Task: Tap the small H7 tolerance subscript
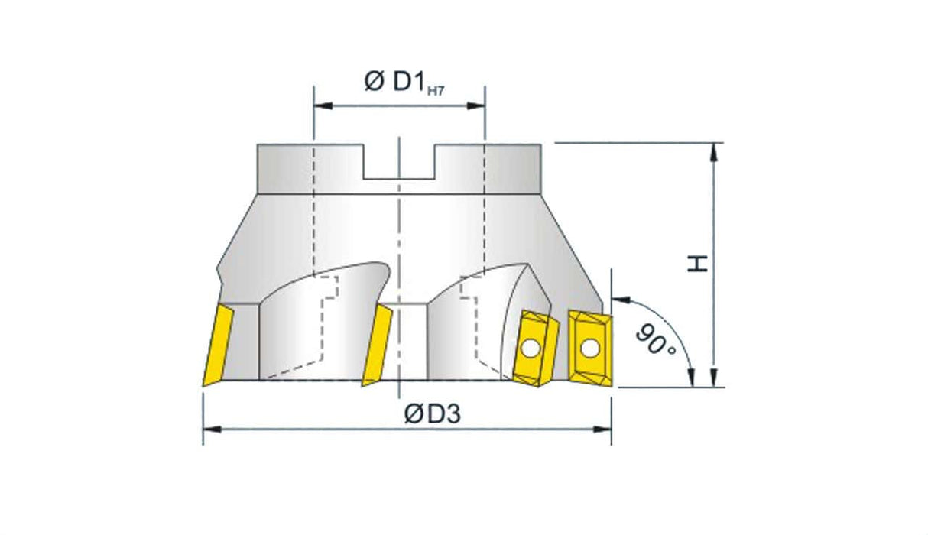coord(436,91)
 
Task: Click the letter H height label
coord(696,264)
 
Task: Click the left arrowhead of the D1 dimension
coord(320,105)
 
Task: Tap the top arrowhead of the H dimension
coord(715,151)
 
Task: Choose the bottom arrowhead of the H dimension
coord(715,380)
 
